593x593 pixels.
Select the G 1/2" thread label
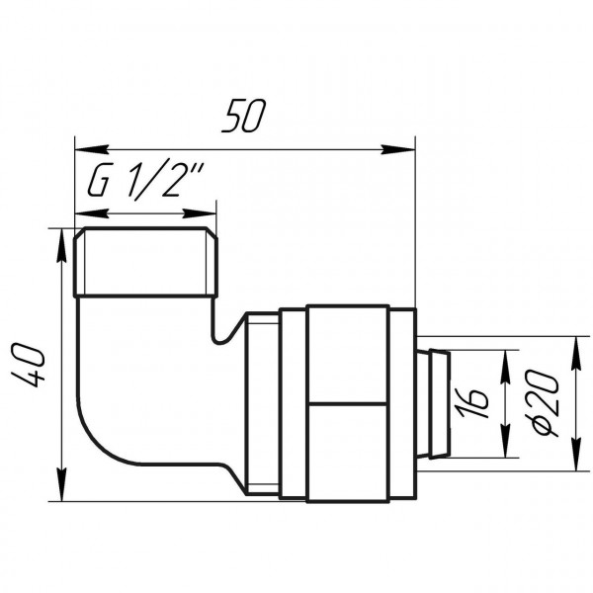[145, 182]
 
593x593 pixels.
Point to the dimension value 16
[476, 402]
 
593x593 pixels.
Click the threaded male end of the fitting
[145, 264]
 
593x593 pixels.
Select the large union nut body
[361, 400]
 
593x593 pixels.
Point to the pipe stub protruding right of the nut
[435, 401]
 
